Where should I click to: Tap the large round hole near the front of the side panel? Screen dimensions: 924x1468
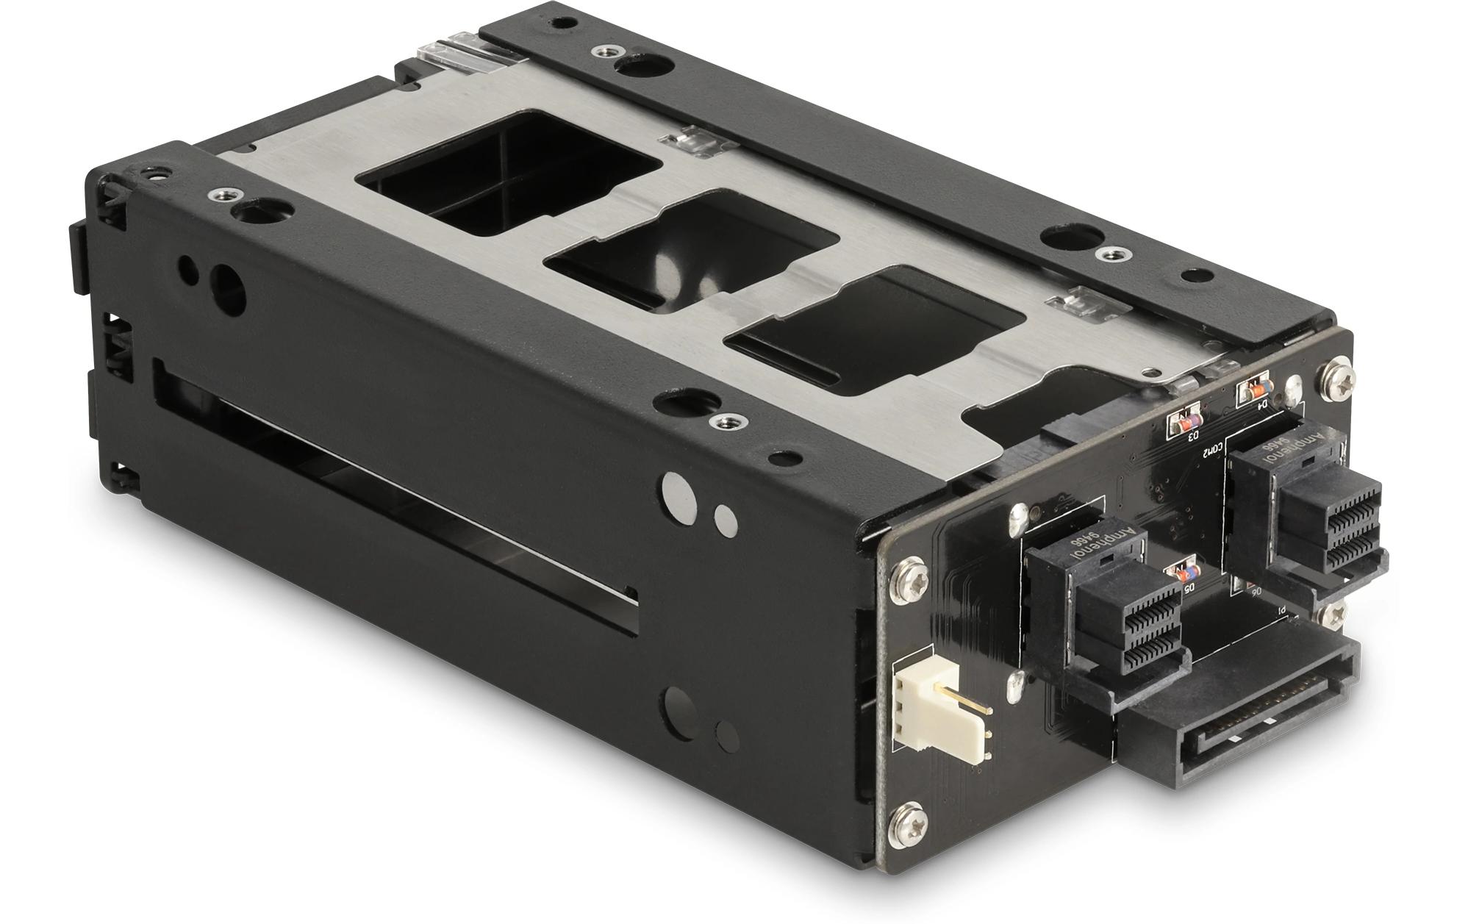tap(227, 283)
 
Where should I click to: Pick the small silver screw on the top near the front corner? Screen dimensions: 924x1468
tap(218, 195)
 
